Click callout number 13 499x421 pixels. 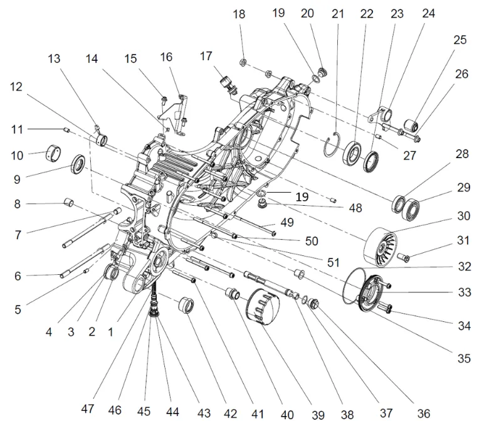coord(54,60)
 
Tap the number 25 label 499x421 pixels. coord(460,40)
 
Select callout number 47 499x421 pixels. coord(88,408)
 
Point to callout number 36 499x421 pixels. coord(424,412)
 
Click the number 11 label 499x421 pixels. coord(18,129)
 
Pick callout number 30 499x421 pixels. coord(464,216)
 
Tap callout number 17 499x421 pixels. coord(206,56)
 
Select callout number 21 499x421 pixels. coord(339,14)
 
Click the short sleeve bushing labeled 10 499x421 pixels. coord(56,152)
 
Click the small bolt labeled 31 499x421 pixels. coord(404,256)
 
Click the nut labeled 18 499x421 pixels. coord(242,61)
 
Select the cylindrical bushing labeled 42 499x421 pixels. coord(185,307)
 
